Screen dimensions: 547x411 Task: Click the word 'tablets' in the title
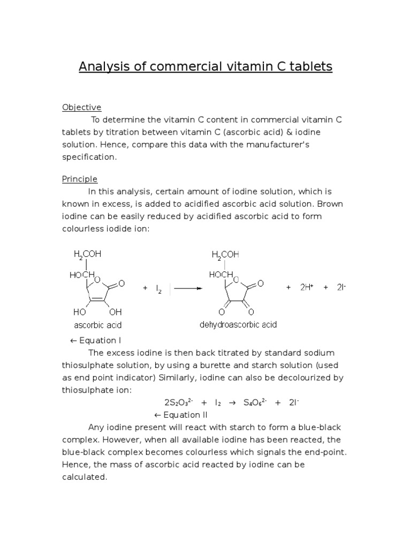click(311, 67)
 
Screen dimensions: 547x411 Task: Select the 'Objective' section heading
click(81, 107)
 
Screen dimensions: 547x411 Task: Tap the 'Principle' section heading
click(80, 179)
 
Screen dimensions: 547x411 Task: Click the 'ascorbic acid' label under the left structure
click(98, 325)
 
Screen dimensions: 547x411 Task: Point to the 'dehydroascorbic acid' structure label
click(238, 324)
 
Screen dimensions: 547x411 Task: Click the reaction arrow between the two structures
click(188, 288)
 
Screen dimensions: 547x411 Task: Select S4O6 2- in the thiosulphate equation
click(255, 402)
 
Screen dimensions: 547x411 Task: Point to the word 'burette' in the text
click(216, 365)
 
